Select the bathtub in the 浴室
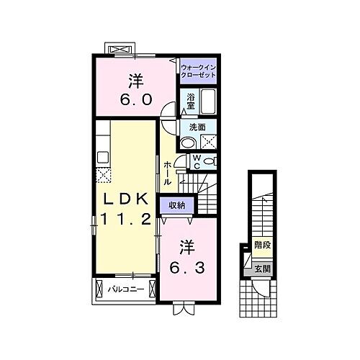pos(209,101)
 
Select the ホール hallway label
pos(168,173)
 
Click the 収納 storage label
pos(177,206)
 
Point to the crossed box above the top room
pos(120,49)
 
